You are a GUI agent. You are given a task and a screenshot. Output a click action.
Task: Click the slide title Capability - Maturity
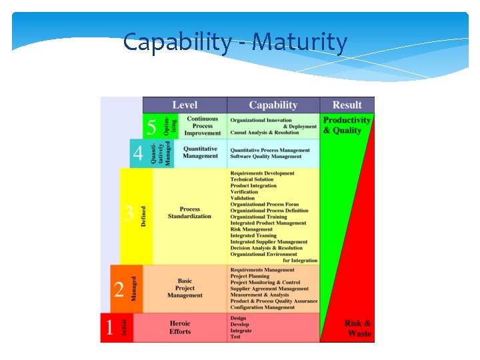[235, 43]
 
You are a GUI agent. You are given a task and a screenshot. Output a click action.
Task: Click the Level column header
[185, 105]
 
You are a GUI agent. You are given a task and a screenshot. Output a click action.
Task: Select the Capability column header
[273, 105]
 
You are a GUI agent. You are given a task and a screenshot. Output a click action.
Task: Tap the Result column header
[347, 105]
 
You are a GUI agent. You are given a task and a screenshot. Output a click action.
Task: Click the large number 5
[152, 127]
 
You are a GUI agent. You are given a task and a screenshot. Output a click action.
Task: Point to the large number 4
[138, 154]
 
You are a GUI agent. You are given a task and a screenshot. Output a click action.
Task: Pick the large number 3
[129, 215]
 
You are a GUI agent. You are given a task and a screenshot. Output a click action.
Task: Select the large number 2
[119, 289]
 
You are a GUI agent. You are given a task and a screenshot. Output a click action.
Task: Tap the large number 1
[109, 327]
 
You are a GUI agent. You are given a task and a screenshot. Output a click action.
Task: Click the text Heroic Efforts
[180, 327]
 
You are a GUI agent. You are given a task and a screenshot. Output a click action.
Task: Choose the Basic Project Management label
[185, 288]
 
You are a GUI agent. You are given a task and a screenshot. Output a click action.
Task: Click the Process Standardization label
[189, 213]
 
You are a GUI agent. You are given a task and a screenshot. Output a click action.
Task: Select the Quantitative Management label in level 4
[201, 152]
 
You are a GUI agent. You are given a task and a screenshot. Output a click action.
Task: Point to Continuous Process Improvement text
[202, 126]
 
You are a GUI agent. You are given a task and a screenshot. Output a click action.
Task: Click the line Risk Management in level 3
[251, 229]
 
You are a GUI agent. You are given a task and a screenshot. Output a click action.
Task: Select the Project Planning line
[250, 276]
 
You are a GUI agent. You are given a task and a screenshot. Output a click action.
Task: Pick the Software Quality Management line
[266, 157]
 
